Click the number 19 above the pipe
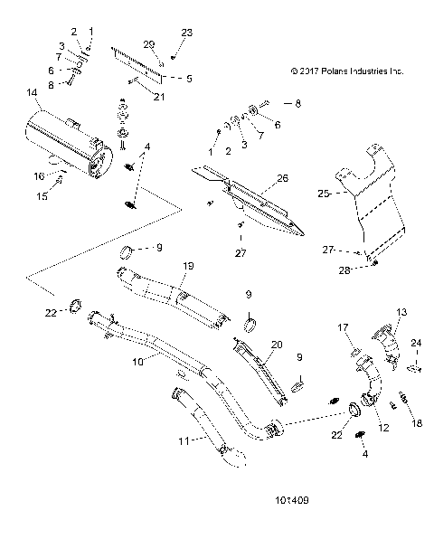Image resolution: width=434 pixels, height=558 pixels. pos(189,265)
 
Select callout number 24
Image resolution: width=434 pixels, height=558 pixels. pos(417,342)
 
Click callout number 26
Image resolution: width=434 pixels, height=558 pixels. pos(282,179)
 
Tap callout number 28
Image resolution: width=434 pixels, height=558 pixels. pos(371,270)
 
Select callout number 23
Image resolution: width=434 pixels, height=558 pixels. pos(187,32)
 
